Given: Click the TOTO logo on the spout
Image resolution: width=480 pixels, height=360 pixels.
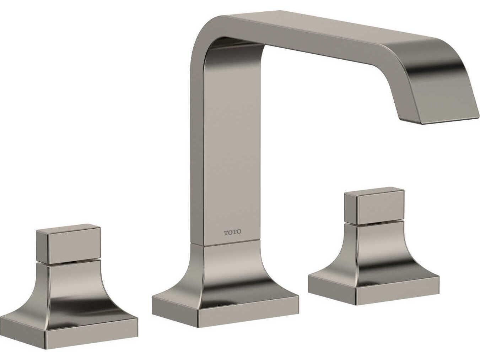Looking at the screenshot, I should [x=233, y=232].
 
